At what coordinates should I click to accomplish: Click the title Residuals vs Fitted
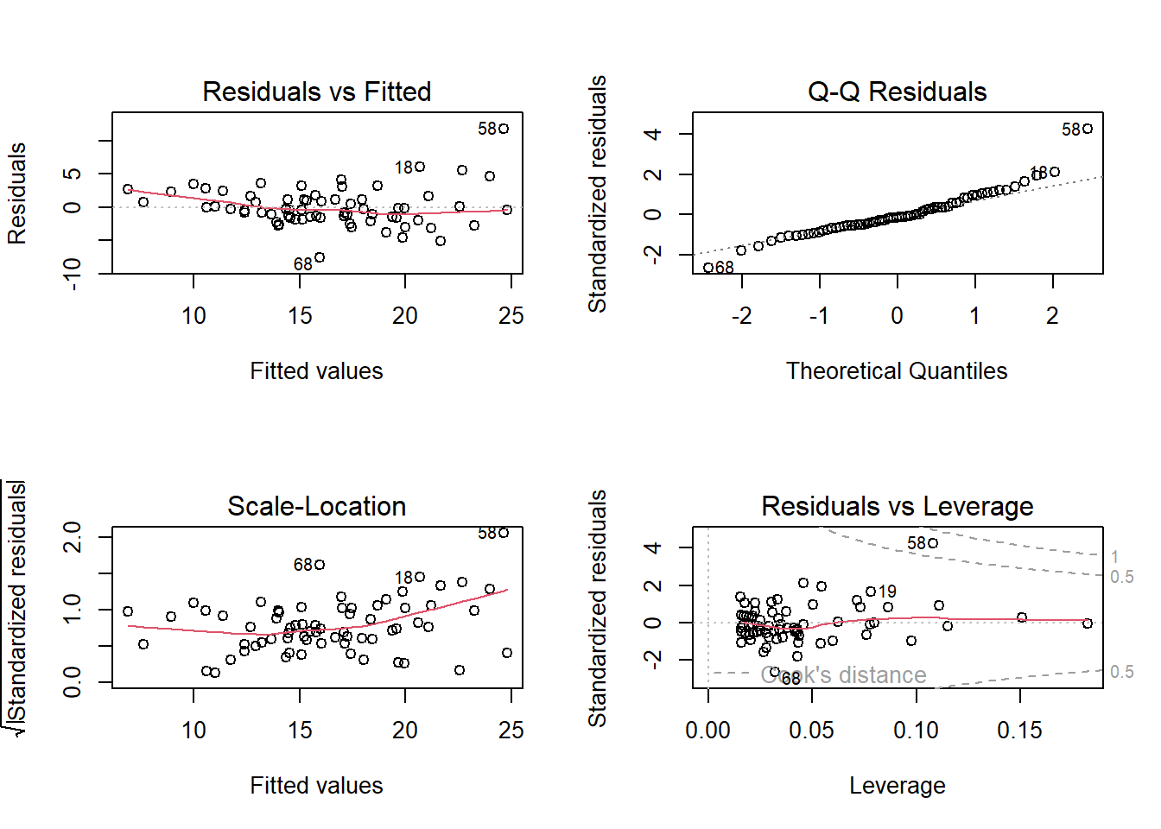pos(316,92)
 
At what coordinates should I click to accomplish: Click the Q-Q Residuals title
pos(897,92)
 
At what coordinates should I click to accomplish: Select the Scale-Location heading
pos(316,506)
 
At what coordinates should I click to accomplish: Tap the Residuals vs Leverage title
pos(897,506)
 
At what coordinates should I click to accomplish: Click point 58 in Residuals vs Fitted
pos(504,129)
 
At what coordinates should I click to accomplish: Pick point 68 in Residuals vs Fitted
pos(320,257)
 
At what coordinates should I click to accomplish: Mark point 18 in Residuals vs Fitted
pos(420,167)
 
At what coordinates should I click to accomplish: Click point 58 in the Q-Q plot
pos(1088,129)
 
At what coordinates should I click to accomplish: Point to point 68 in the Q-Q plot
pos(708,268)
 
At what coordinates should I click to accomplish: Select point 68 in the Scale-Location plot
pos(320,565)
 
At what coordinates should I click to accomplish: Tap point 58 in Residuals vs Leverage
pos(933,543)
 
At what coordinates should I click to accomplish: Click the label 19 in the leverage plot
pos(887,592)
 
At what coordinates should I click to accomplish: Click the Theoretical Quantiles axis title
pos(897,371)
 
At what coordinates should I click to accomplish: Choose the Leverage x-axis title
pos(897,786)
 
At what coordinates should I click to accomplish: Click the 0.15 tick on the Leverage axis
pos(1019,731)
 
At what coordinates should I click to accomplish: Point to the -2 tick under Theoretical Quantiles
pos(741,316)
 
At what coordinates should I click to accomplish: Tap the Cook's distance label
pos(843,675)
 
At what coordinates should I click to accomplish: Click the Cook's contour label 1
pos(1114,557)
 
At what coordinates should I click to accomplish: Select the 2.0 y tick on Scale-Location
pos(73,537)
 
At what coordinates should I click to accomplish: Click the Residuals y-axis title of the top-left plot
pos(17,193)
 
